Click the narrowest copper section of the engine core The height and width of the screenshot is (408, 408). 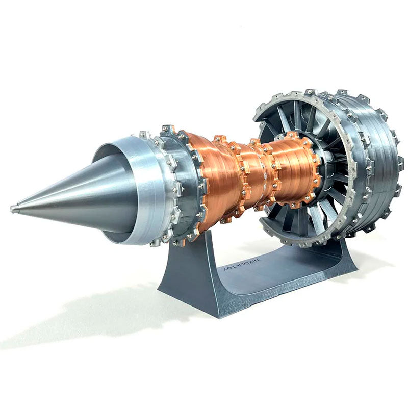tap(252, 176)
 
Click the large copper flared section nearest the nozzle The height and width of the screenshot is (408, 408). tap(214, 178)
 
